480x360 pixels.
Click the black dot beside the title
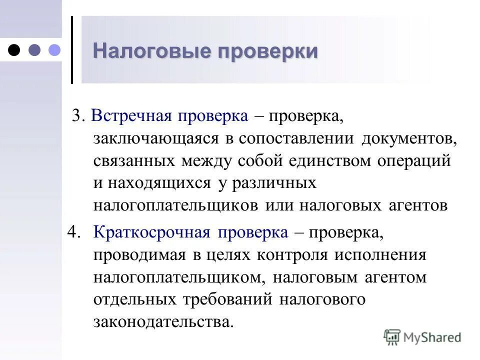(15, 49)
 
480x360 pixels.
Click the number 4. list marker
(73, 232)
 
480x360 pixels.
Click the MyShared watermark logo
(422, 337)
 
